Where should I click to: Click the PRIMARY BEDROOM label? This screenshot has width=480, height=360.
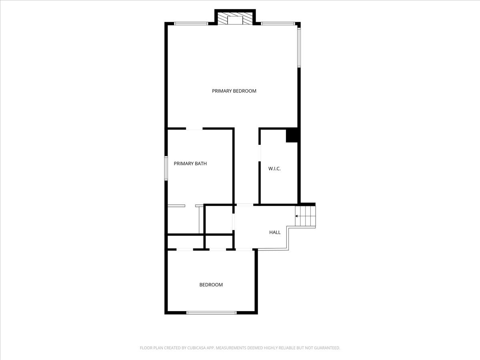pyautogui.click(x=234, y=91)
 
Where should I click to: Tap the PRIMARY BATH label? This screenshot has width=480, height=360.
pyautogui.click(x=190, y=164)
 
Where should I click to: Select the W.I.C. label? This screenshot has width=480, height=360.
pyautogui.click(x=274, y=168)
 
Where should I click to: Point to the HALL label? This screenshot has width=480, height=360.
pyautogui.click(x=275, y=232)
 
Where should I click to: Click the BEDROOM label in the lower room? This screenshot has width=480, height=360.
pyautogui.click(x=211, y=284)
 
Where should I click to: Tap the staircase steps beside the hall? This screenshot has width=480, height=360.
pyautogui.click(x=305, y=216)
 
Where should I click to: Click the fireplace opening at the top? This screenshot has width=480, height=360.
pyautogui.click(x=235, y=20)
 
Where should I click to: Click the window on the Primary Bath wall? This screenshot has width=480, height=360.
pyautogui.click(x=166, y=168)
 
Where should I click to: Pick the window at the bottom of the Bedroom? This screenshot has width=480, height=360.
pyautogui.click(x=212, y=313)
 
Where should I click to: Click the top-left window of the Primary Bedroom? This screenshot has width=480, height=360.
pyautogui.click(x=191, y=24)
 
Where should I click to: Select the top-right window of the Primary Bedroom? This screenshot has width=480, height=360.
pyautogui.click(x=278, y=24)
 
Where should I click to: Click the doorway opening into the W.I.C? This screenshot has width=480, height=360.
pyautogui.click(x=260, y=153)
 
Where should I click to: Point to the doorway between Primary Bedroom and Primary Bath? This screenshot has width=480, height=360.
pyautogui.click(x=194, y=129)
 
